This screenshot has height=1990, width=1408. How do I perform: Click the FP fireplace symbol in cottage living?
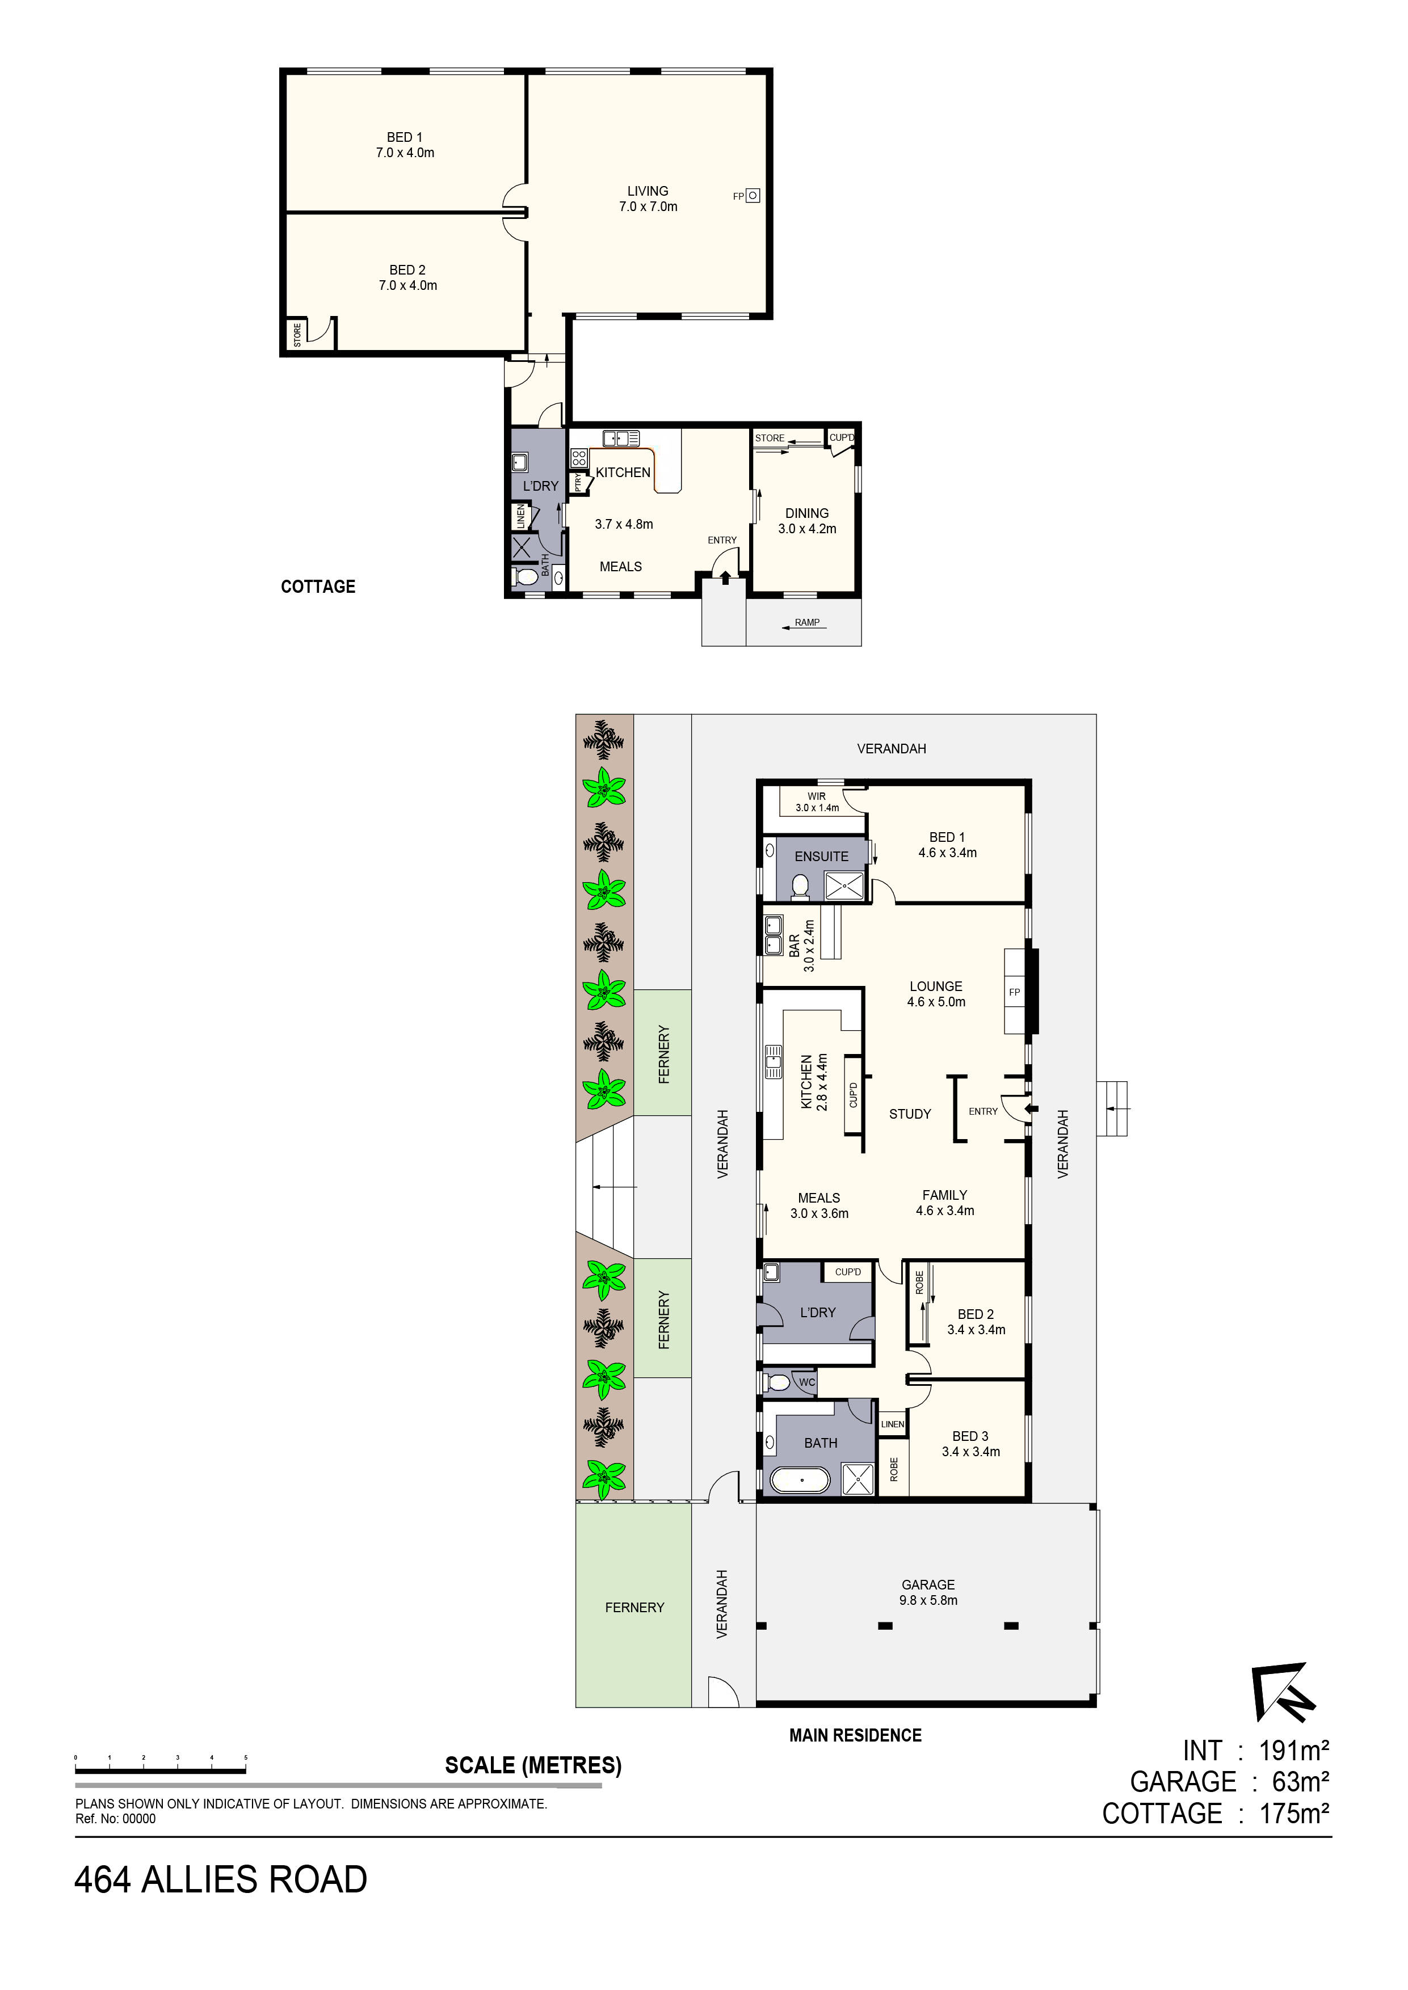tap(753, 196)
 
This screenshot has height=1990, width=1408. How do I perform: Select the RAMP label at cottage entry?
tap(806, 622)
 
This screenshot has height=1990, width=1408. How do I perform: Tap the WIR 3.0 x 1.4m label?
tap(817, 802)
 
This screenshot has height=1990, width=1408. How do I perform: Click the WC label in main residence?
tap(806, 1382)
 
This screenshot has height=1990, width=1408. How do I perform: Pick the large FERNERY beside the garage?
tap(634, 1607)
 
